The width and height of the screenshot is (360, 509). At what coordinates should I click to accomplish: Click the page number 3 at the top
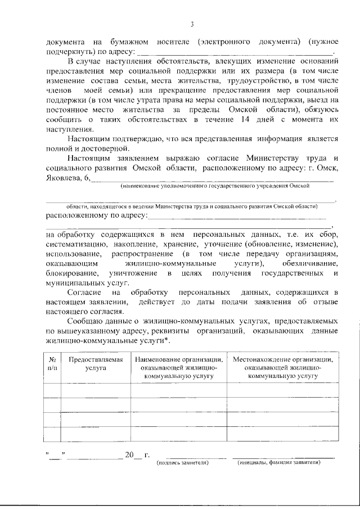click(x=191, y=24)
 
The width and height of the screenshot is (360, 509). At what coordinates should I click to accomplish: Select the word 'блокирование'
click(x=69, y=273)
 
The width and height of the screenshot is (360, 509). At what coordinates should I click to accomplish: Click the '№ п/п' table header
click(x=52, y=364)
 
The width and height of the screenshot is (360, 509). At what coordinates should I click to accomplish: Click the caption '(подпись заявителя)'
click(x=182, y=462)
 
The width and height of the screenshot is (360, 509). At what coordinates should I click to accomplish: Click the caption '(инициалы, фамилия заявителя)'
click(x=279, y=462)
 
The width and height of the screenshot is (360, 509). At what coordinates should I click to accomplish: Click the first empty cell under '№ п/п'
click(x=52, y=390)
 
